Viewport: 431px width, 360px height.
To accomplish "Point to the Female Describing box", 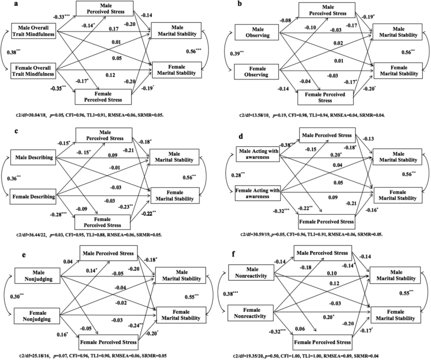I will [36, 195].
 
